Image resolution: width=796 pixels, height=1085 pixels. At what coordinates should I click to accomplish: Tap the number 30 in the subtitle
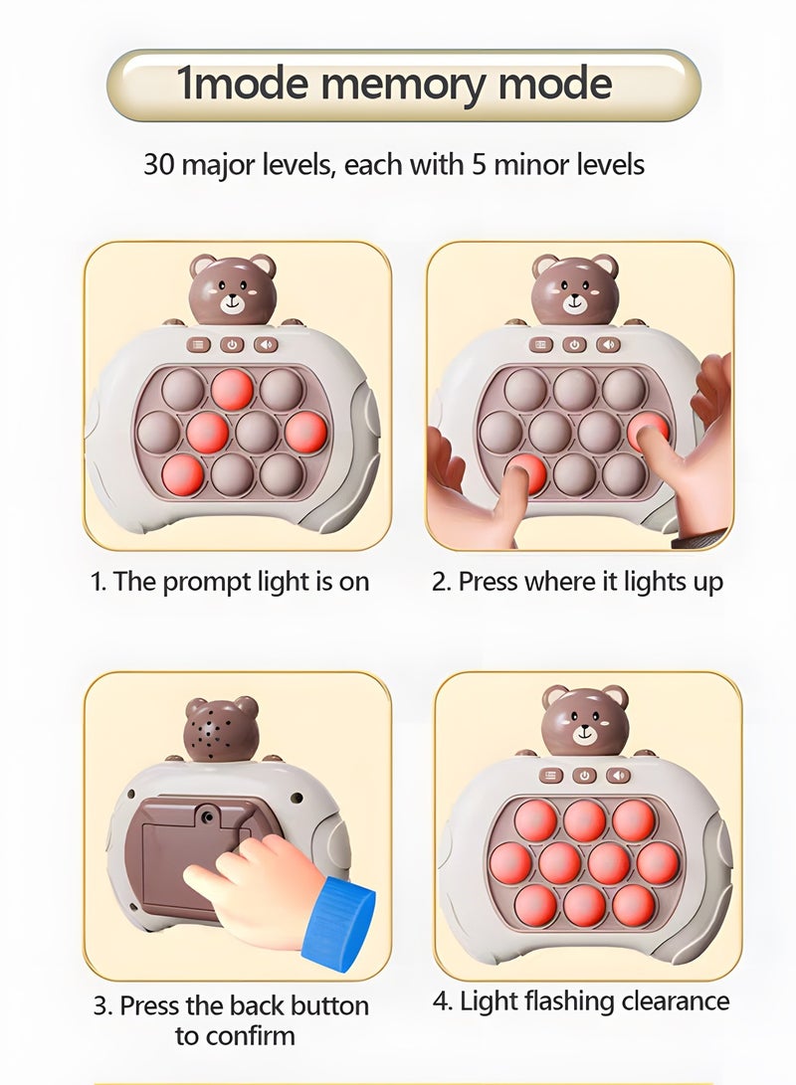159,164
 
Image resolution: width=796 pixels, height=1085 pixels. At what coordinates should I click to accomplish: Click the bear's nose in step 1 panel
233,297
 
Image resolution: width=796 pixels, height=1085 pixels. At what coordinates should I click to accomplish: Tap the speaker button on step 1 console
266,344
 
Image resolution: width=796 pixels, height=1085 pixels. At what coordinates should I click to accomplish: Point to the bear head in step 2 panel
575,285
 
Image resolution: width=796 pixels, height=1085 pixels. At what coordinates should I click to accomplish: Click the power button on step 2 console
575,344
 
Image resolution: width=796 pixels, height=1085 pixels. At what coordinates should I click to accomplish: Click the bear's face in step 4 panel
584,720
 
